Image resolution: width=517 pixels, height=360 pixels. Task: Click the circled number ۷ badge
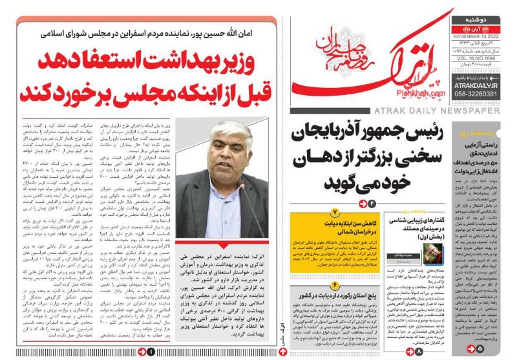point(334,212)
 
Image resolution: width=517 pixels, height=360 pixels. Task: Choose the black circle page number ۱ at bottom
point(150,351)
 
